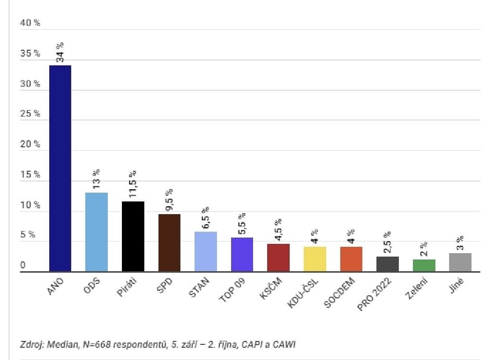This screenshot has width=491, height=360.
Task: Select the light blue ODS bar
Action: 97,232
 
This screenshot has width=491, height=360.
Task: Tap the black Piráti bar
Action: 133,236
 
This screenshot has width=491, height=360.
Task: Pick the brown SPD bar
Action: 169,242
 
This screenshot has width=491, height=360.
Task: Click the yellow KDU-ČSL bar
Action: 314,259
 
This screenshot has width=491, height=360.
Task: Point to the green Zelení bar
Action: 424,265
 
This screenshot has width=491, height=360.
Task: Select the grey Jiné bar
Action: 460,262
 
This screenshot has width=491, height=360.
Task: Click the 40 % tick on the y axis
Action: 30,23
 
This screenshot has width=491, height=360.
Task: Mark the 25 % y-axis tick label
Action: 30,114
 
